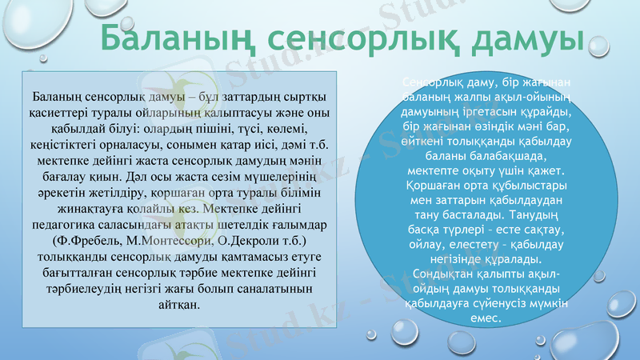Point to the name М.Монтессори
pyautogui.click(x=167, y=240)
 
